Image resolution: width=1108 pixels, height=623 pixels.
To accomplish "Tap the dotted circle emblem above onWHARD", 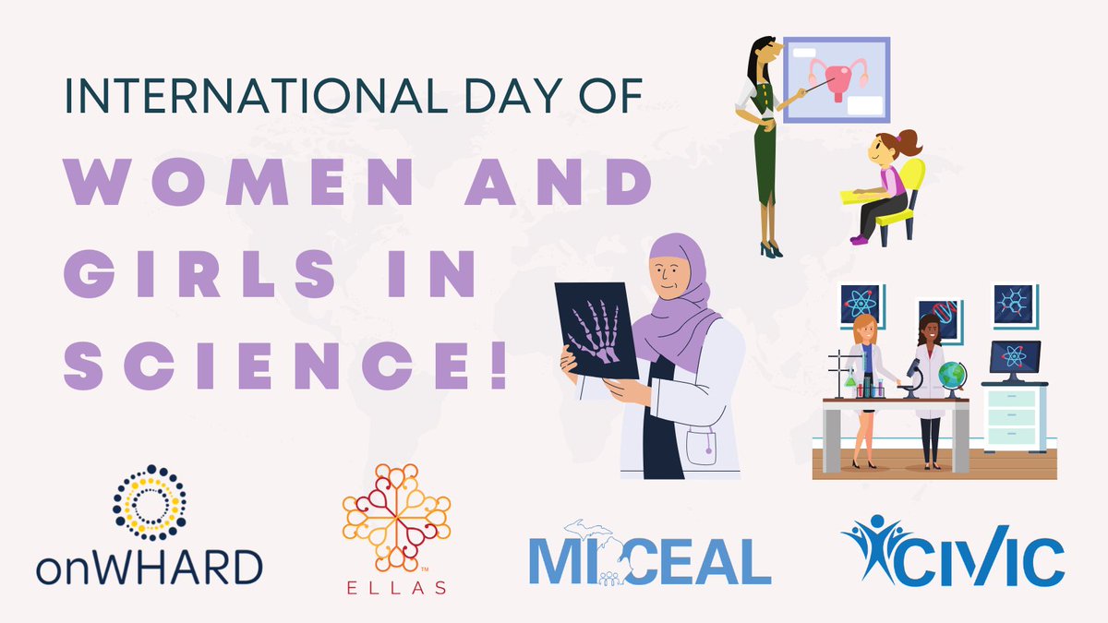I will [150, 502].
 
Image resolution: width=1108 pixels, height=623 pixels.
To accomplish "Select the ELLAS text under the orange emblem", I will [396, 588].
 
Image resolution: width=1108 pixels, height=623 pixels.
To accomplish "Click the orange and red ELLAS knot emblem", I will [396, 518].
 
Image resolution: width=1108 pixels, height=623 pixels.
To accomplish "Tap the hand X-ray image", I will [596, 329].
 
